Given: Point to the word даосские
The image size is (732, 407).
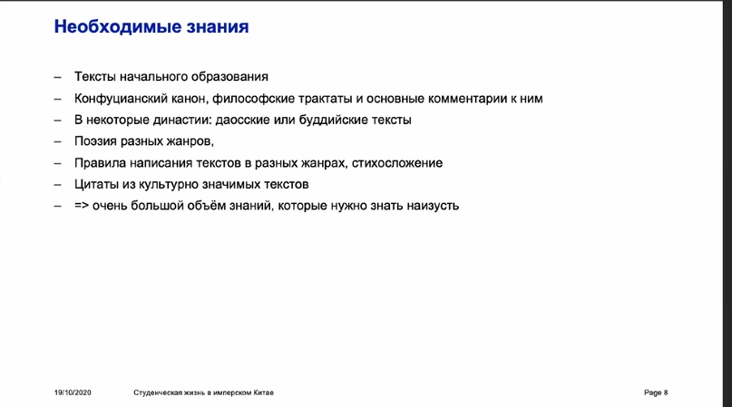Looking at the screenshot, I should click(268, 120).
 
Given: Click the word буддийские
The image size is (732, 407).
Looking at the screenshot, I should click(337, 120).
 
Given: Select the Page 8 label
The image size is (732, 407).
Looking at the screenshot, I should click(655, 392).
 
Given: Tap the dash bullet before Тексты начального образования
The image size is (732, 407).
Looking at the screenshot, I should click(57, 77).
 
